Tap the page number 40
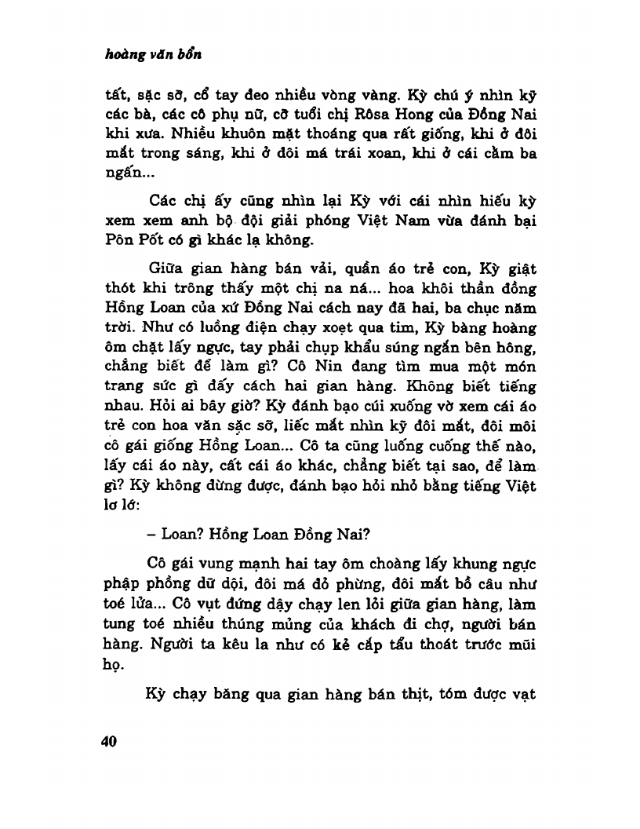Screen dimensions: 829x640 pyautogui.click(x=109, y=743)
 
